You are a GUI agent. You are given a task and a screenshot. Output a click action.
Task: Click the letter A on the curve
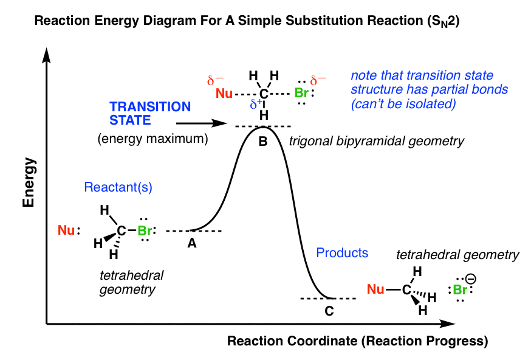tap(192, 243)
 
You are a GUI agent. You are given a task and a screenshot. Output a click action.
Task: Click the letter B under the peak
tap(263, 140)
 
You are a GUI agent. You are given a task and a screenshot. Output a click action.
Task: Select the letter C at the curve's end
tap(329, 312)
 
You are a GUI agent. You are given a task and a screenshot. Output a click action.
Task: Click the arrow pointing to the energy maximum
tap(209, 123)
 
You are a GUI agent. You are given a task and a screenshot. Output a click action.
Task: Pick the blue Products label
tap(342, 252)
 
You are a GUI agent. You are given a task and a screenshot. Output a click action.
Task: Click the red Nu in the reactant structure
tap(66, 230)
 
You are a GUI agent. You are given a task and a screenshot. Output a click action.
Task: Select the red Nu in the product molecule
tap(375, 289)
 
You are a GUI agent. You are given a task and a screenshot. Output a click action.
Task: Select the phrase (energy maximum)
tap(152, 139)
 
